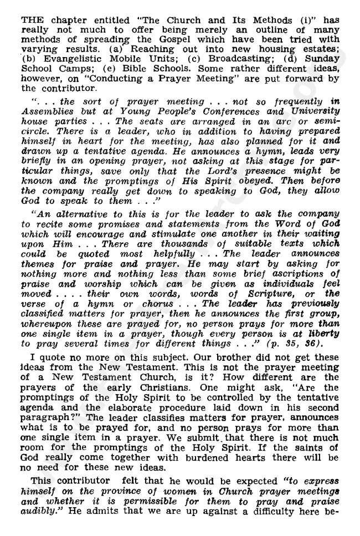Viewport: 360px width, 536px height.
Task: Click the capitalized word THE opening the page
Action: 31,19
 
